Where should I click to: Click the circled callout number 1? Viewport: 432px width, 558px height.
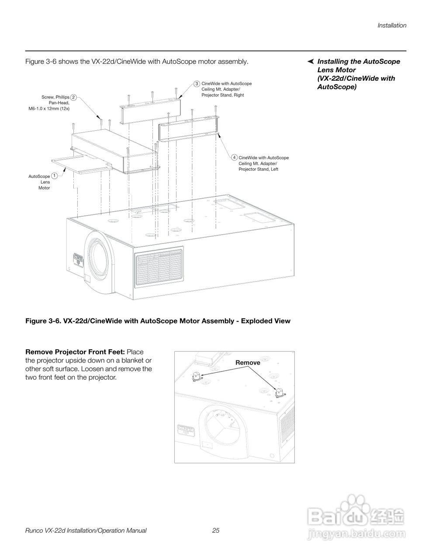pyautogui.click(x=54, y=175)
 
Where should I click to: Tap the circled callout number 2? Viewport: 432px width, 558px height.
pyautogui.click(x=74, y=97)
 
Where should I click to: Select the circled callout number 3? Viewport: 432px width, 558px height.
pyautogui.click(x=197, y=83)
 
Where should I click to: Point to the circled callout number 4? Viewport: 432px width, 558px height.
pyautogui.click(x=235, y=157)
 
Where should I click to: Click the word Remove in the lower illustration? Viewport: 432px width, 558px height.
pyautogui.click(x=248, y=363)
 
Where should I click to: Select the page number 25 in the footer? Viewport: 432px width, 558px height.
pyautogui.click(x=216, y=531)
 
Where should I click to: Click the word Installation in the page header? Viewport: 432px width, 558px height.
pyautogui.click(x=392, y=25)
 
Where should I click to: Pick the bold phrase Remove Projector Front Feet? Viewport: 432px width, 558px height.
pyautogui.click(x=75, y=352)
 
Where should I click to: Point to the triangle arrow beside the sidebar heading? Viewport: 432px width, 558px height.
pyautogui.click(x=311, y=61)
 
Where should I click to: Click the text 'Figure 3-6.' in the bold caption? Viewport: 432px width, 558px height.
pyautogui.click(x=43, y=321)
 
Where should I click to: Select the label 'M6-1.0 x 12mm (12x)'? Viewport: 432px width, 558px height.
pyautogui.click(x=49, y=109)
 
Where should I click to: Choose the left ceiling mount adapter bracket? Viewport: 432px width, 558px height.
pyautogui.click(x=190, y=129)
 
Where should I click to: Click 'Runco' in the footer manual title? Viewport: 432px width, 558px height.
pyautogui.click(x=35, y=531)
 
